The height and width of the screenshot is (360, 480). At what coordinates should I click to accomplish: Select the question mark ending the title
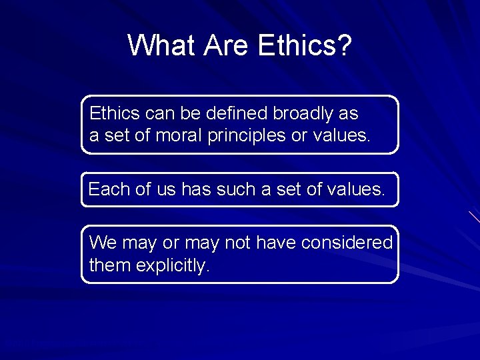point(344,45)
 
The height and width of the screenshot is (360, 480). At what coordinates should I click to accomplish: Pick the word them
point(110,265)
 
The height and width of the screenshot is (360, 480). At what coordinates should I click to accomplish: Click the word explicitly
point(173,265)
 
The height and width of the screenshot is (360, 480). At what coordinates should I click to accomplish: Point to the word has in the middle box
point(194,189)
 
